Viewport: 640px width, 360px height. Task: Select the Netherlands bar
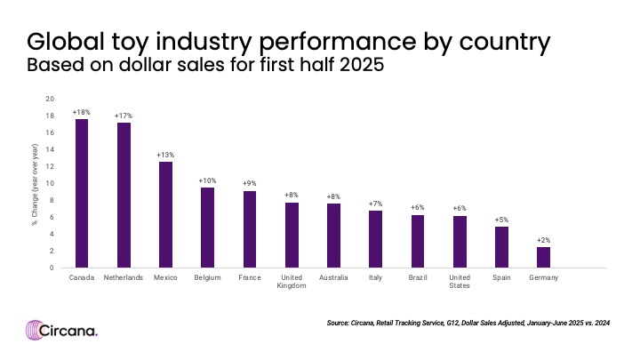point(124,195)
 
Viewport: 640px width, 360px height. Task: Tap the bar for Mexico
point(165,214)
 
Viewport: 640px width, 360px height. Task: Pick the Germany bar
point(542,257)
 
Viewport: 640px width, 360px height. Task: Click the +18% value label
point(81,113)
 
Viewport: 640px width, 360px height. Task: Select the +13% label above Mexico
point(165,155)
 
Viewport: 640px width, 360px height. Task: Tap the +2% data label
point(542,240)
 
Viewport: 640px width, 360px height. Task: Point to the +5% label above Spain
point(500,220)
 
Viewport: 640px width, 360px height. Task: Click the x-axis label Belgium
point(207,278)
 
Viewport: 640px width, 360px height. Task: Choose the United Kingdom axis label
point(291,282)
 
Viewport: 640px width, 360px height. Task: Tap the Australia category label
point(333,278)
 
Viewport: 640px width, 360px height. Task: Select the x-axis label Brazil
point(417,278)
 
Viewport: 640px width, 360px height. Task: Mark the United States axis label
point(459,282)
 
